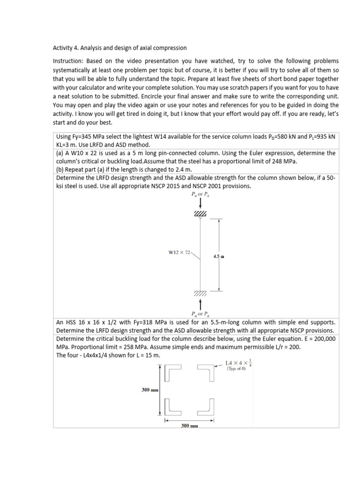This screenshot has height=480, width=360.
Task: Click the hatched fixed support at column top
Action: click(x=201, y=214)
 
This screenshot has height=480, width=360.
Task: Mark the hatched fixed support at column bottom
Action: click(x=201, y=293)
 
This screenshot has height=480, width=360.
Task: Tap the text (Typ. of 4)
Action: click(x=236, y=368)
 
